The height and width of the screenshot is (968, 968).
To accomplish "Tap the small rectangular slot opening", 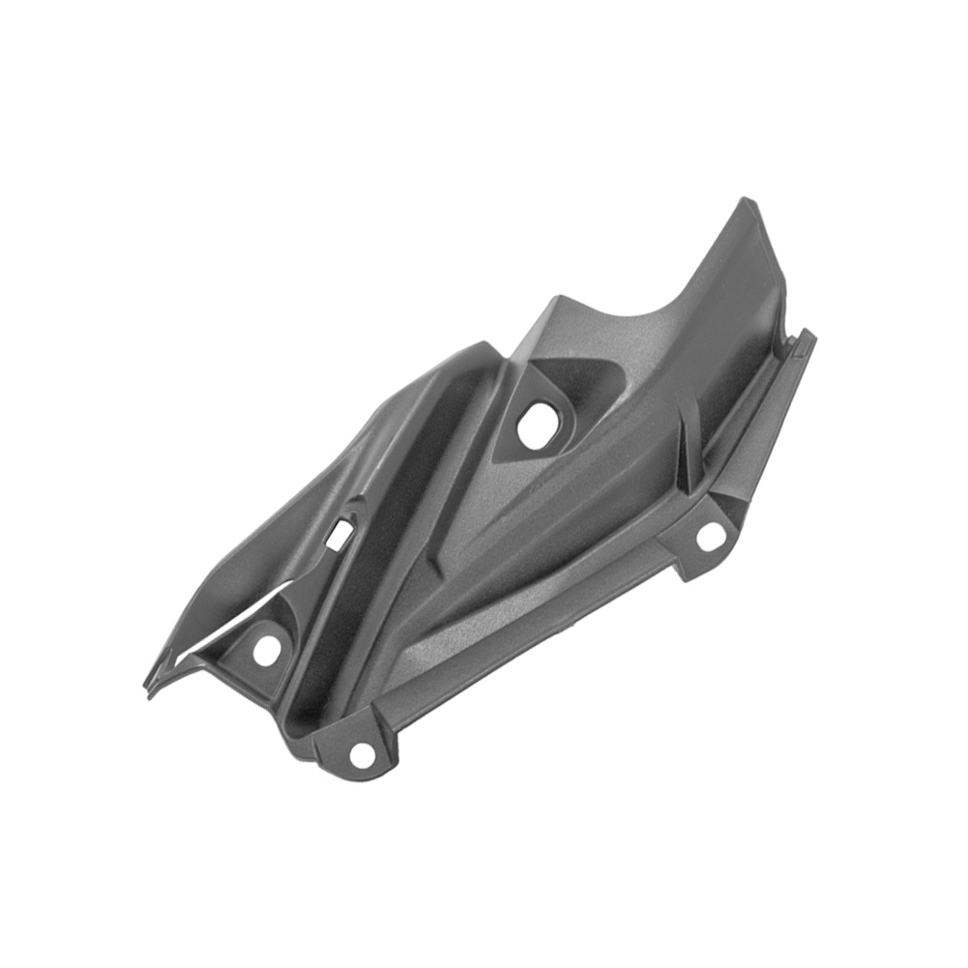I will pyautogui.click(x=339, y=533).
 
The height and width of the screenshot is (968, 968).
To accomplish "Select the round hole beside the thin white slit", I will pyautogui.click(x=266, y=650).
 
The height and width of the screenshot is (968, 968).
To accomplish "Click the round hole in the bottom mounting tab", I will pyautogui.click(x=361, y=754).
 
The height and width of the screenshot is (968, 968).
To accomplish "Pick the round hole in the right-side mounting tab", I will pyautogui.click(x=711, y=535).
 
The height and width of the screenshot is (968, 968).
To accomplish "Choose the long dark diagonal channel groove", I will pyautogui.click(x=387, y=542).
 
